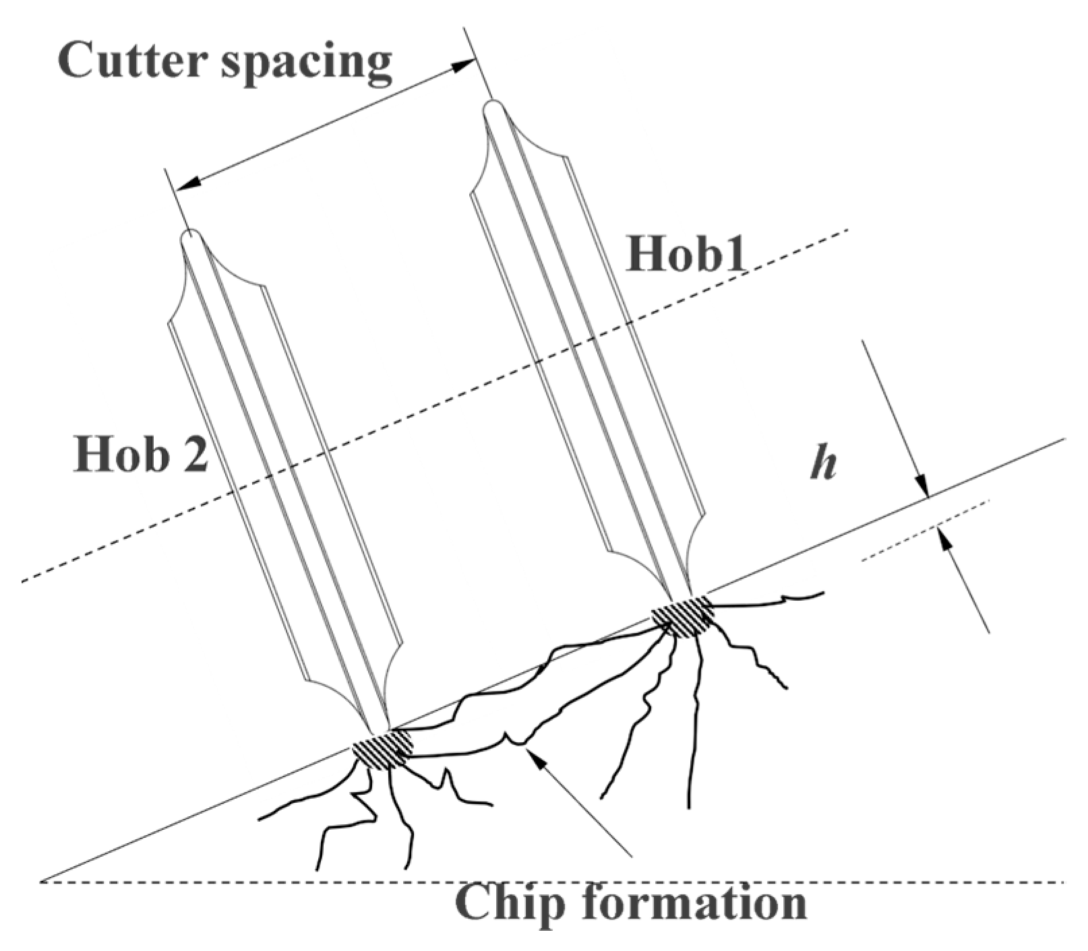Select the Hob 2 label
click(x=140, y=454)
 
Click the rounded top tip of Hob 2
click(x=191, y=237)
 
